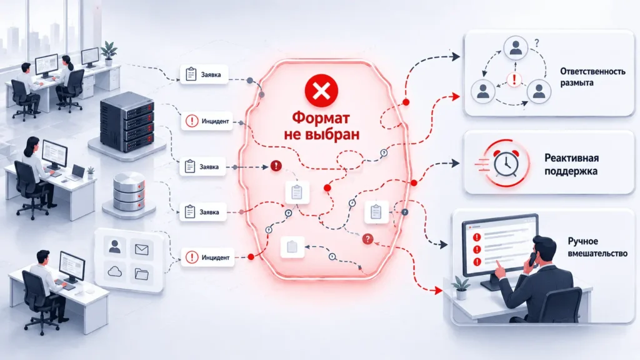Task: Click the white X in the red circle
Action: click(x=321, y=91)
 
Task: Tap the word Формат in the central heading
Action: click(x=321, y=118)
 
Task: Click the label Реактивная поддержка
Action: click(x=571, y=164)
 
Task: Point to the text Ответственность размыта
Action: click(x=592, y=77)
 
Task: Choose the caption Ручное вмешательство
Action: click(x=597, y=247)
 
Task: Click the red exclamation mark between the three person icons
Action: click(x=514, y=79)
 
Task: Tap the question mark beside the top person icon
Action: click(x=537, y=43)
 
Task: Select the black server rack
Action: click(x=127, y=122)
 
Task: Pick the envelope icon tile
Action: click(x=141, y=249)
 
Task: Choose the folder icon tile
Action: click(x=141, y=274)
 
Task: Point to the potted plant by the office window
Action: click(x=109, y=53)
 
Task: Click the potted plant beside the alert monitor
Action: click(x=461, y=288)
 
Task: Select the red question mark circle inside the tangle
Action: click(x=367, y=239)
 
